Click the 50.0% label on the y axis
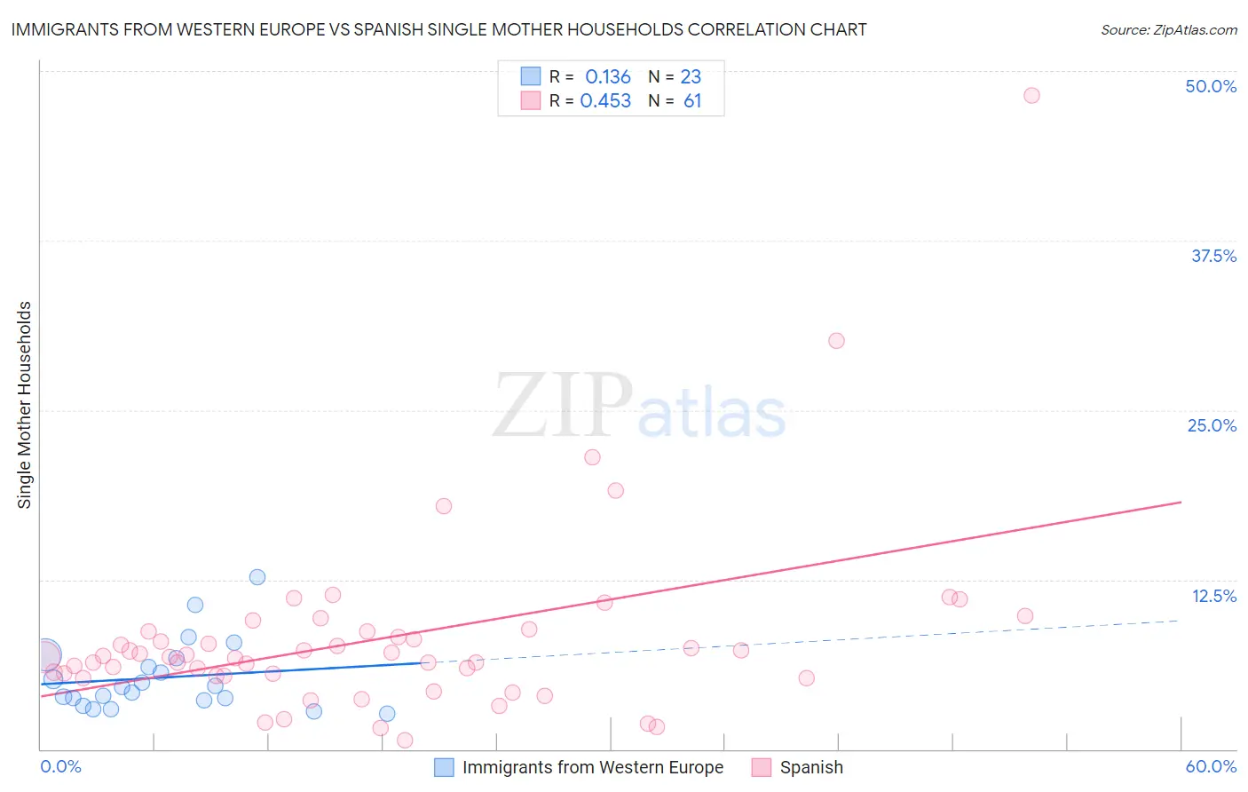[1211, 86]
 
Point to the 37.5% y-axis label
[1213, 256]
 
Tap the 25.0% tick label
[1212, 425]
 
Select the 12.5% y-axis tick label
[1213, 596]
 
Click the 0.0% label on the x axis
[61, 766]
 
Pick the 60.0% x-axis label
[1211, 766]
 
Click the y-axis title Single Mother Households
[25, 405]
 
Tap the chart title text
[438, 29]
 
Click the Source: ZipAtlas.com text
[1168, 29]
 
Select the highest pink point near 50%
[1031, 95]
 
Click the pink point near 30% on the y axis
[836, 341]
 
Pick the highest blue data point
[257, 577]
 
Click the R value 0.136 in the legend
[607, 76]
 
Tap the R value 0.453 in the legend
[605, 101]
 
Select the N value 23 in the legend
[691, 76]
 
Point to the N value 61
[692, 101]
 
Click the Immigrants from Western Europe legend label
[592, 767]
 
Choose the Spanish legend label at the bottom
[811, 767]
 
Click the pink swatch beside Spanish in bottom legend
[761, 767]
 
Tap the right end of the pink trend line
[1181, 503]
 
